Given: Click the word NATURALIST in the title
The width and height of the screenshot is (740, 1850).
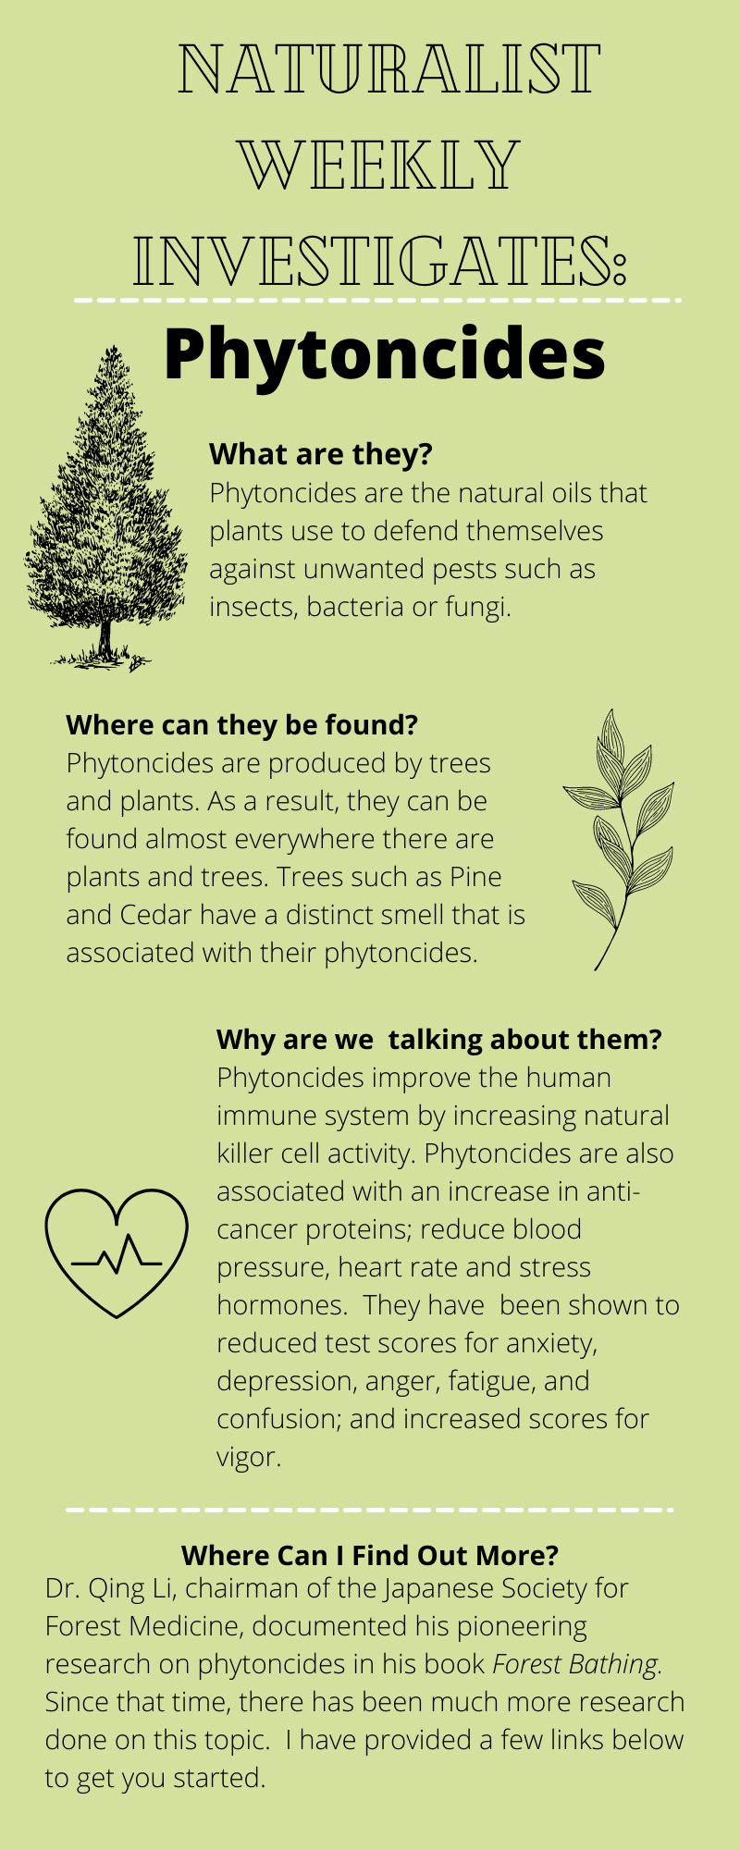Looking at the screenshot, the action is [389, 69].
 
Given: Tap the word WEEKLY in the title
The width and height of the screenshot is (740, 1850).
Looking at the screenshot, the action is [379, 165].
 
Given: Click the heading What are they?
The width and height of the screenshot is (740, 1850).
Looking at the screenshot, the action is [321, 454].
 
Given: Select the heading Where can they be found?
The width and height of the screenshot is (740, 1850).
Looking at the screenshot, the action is [242, 725].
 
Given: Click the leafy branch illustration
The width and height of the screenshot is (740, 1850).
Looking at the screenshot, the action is [618, 839].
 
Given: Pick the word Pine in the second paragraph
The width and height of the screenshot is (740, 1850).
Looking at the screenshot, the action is [475, 877].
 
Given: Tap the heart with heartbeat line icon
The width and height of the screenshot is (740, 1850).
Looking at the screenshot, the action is [116, 1253].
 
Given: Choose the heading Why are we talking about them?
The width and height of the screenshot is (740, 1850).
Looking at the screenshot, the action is [439, 1040].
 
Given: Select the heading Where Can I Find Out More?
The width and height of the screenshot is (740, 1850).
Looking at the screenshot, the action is [370, 1556].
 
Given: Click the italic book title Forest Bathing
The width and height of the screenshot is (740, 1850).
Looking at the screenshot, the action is [574, 1664].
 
